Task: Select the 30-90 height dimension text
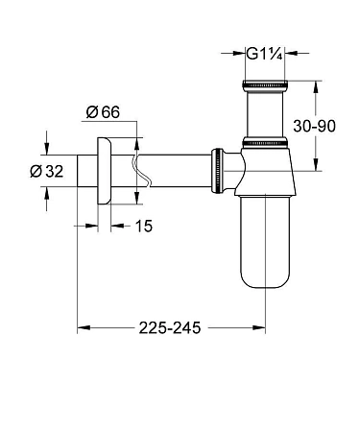315,125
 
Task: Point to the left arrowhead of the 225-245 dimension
82,327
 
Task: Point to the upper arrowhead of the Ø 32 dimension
45,148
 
